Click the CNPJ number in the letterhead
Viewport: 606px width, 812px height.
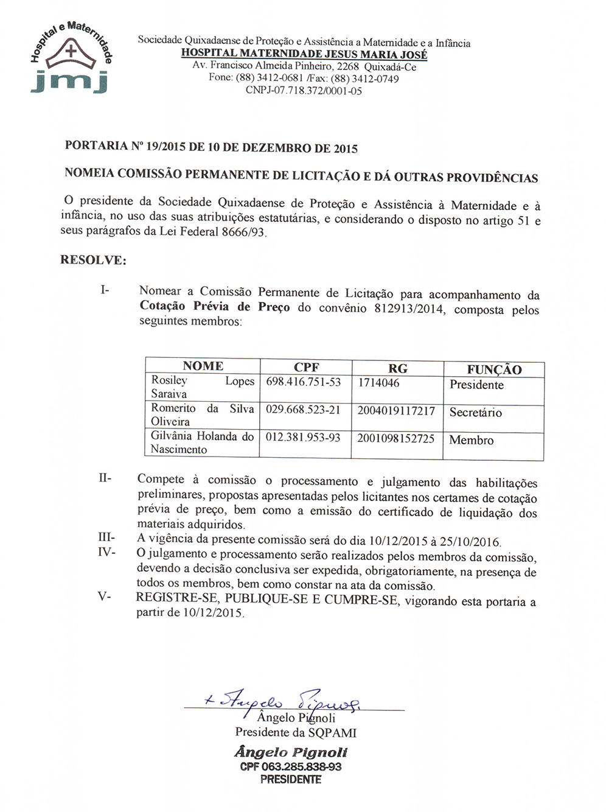click(x=304, y=91)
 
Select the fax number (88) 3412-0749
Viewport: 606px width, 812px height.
click(x=365, y=79)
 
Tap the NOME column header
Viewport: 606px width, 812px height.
click(x=203, y=366)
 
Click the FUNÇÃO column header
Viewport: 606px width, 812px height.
click(x=494, y=369)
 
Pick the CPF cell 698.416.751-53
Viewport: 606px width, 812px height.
click(x=304, y=382)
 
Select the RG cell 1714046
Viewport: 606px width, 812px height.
click(x=378, y=383)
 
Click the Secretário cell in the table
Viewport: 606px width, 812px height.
click(x=476, y=412)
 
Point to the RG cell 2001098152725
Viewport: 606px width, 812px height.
click(x=396, y=438)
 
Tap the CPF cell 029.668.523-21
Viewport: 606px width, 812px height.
click(x=303, y=410)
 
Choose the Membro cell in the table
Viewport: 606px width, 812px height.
click(x=472, y=440)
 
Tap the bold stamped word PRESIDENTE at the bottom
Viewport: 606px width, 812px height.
click(x=291, y=779)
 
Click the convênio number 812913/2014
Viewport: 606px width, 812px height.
click(x=409, y=309)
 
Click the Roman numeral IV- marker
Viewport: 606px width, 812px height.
click(x=106, y=552)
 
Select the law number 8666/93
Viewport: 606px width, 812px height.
click(x=243, y=232)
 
